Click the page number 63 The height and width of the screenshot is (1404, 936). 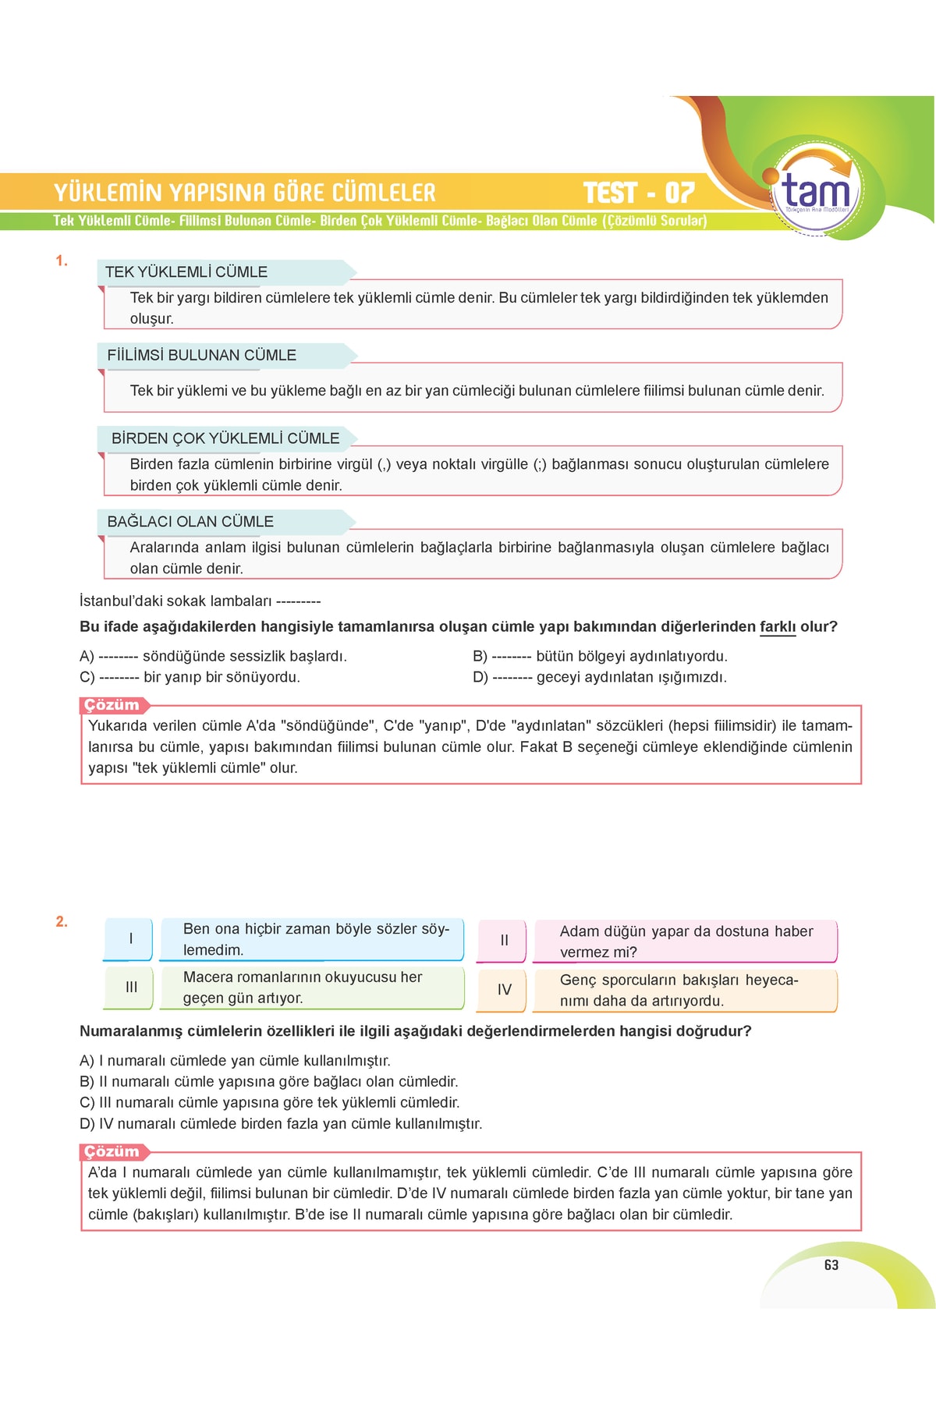click(831, 1265)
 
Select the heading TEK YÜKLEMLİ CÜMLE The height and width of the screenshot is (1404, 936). click(186, 272)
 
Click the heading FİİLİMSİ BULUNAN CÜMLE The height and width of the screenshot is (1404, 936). click(201, 356)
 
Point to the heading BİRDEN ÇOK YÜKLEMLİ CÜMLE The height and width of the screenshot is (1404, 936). click(225, 438)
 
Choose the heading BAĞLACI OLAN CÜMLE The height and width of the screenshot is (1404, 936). click(190, 522)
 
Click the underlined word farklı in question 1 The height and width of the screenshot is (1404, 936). click(778, 627)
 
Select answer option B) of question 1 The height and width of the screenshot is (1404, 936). click(600, 657)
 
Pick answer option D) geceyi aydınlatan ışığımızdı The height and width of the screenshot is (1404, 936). click(600, 678)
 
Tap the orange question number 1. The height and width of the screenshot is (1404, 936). click(62, 261)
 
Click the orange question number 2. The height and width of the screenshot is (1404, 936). click(62, 922)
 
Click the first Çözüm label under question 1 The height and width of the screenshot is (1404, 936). click(112, 705)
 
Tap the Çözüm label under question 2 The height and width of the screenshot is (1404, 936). click(112, 1152)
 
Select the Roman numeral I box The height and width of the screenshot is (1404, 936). click(130, 939)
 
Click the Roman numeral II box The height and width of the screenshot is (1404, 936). click(504, 941)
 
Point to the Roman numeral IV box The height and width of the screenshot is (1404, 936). click(504, 990)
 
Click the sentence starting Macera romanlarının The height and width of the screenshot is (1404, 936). click(303, 987)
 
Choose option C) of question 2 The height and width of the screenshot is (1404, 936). click(270, 1103)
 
